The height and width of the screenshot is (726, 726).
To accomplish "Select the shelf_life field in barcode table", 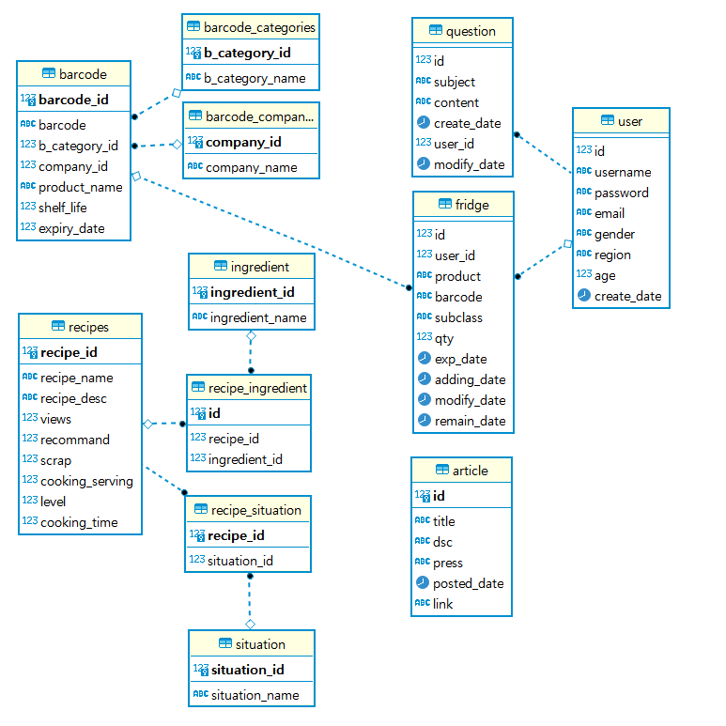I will tap(63, 208).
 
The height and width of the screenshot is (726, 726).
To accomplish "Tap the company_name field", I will tap(251, 167).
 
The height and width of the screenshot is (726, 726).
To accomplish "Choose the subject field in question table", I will tap(455, 82).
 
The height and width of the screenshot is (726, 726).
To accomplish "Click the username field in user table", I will tap(622, 172).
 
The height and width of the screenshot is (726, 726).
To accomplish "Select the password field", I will tap(621, 193).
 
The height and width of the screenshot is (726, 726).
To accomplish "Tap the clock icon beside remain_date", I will tap(425, 421).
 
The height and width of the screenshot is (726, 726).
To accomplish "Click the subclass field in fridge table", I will tap(458, 317).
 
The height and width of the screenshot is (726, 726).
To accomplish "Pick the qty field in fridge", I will tap(444, 338).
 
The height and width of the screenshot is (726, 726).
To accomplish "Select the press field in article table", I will tap(447, 563).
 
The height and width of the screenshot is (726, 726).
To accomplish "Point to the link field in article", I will tap(442, 604).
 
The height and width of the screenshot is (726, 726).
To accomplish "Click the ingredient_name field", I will tap(257, 317).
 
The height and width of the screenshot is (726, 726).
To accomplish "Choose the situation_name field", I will tap(255, 695).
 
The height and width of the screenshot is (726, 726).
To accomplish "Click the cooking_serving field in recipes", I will tap(86, 481).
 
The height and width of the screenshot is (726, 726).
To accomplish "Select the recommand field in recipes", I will tap(75, 440).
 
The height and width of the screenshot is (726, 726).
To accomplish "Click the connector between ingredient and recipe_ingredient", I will tap(251, 352).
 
